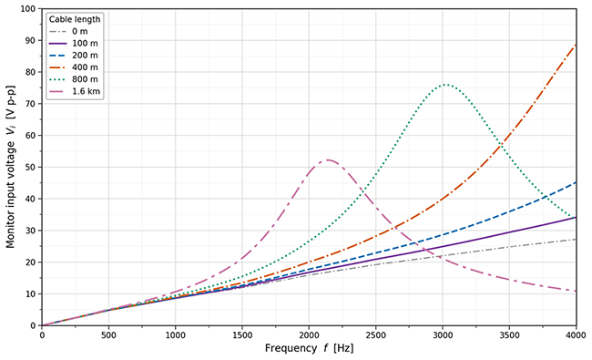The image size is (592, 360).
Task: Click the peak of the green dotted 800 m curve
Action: (x=446, y=85)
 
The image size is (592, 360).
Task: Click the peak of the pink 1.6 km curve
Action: (x=327, y=159)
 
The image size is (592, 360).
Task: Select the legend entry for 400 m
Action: (x=73, y=67)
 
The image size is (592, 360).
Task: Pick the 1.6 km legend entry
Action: (x=75, y=91)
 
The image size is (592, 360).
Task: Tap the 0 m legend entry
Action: (x=68, y=31)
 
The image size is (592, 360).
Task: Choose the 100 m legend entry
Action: (x=73, y=44)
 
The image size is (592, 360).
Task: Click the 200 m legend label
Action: (x=85, y=56)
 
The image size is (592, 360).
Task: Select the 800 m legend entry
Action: (x=73, y=79)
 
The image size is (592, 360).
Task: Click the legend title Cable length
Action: (x=75, y=19)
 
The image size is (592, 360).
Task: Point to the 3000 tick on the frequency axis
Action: (x=443, y=335)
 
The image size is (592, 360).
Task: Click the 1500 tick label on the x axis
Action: (x=242, y=335)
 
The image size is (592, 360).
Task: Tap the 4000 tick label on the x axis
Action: (x=577, y=335)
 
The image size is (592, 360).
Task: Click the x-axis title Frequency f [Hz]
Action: (x=310, y=348)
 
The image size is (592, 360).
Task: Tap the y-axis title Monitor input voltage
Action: (x=10, y=195)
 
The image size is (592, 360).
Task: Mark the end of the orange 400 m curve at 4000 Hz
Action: (x=577, y=45)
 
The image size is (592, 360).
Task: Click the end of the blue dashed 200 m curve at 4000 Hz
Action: (x=577, y=182)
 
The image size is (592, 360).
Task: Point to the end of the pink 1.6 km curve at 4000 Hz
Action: (x=577, y=291)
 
